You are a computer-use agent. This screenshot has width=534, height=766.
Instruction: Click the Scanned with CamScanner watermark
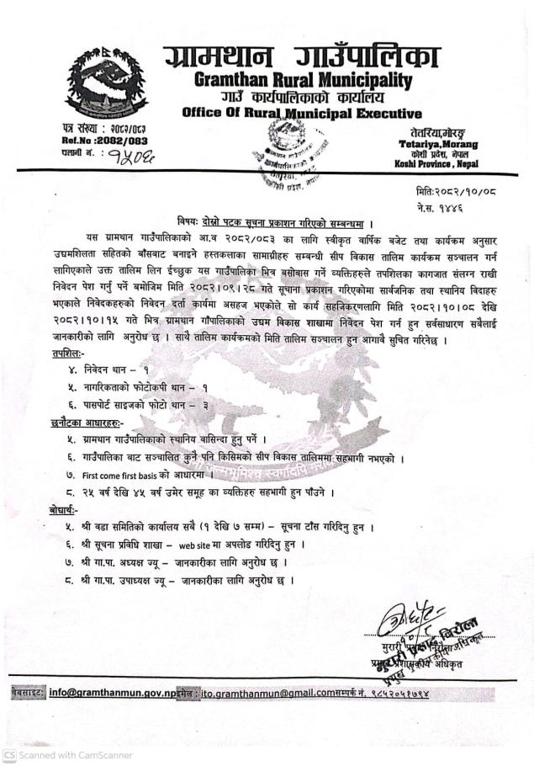pyautogui.click(x=67, y=755)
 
